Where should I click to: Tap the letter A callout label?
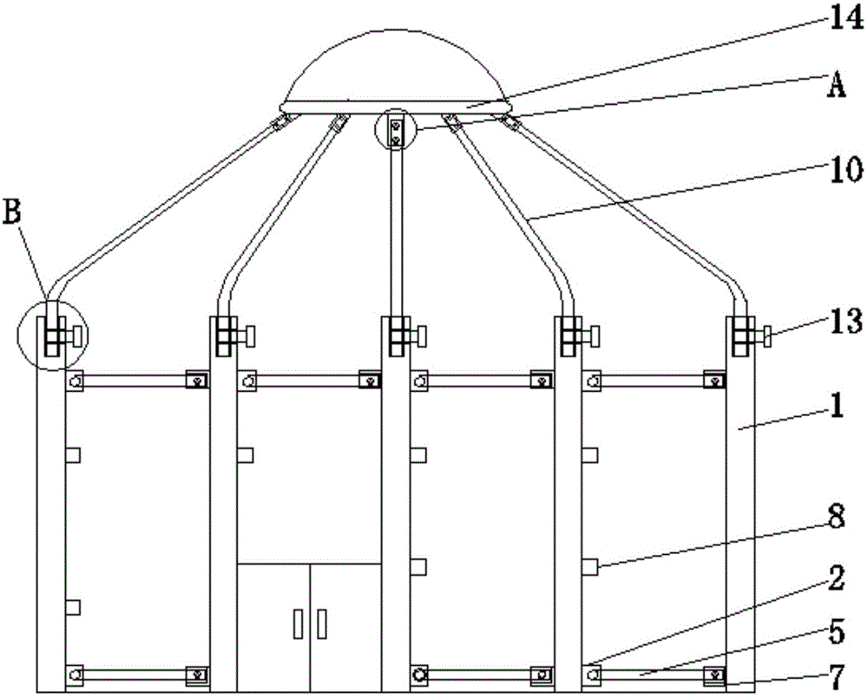pyautogui.click(x=837, y=86)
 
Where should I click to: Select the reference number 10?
pyautogui.click(x=845, y=169)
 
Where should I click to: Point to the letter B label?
pyautogui.click(x=13, y=212)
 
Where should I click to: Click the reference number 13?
pyautogui.click(x=845, y=322)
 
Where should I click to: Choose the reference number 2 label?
pyautogui.click(x=837, y=578)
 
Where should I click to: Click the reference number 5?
pyautogui.click(x=837, y=632)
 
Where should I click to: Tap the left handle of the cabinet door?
pyautogui.click(x=299, y=623)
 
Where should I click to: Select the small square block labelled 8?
pyautogui.click(x=590, y=566)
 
